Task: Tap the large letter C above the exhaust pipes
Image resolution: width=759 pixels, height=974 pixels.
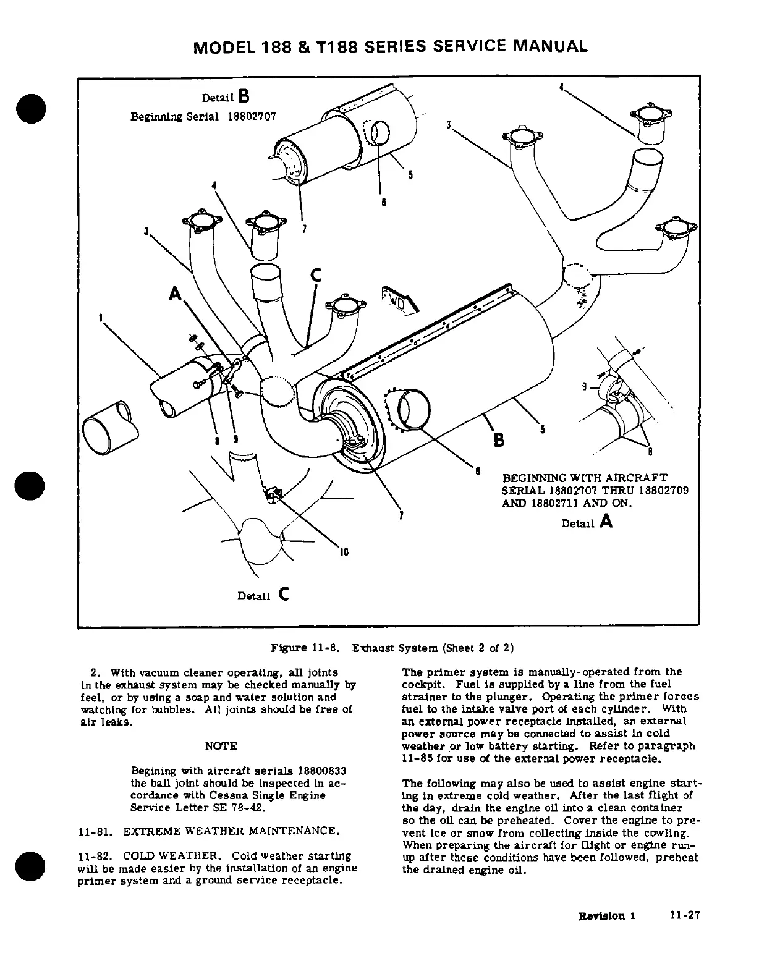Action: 316,276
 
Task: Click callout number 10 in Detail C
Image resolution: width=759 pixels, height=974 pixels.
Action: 345,552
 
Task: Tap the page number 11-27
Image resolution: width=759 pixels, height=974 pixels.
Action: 684,916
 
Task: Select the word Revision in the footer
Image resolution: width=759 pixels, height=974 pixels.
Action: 601,916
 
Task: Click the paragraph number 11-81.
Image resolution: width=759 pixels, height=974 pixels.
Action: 96,831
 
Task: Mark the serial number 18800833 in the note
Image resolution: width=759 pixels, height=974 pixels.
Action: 321,771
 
